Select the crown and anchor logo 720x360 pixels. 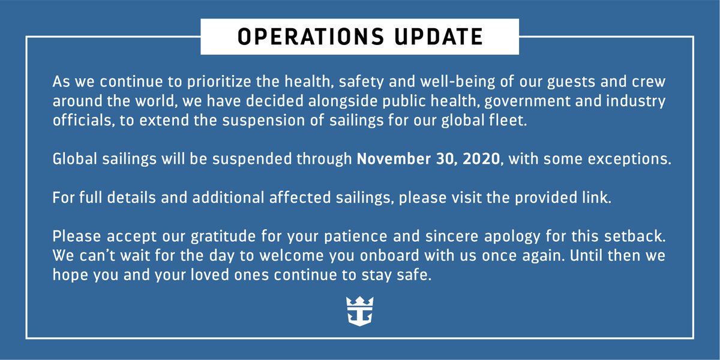tap(359, 311)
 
